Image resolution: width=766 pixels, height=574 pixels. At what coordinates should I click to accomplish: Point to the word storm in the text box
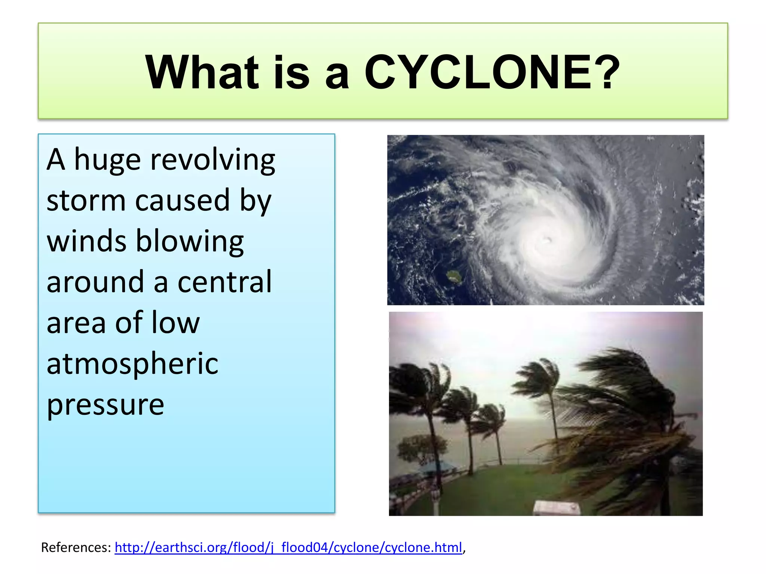point(86,201)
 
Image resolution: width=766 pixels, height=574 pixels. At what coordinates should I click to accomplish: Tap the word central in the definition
point(224,282)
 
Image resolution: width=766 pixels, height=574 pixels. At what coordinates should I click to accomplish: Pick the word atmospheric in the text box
point(132,364)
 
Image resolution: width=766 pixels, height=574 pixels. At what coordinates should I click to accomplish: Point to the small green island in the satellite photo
point(455,277)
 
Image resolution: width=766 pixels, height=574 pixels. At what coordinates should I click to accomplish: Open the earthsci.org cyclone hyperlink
point(288,547)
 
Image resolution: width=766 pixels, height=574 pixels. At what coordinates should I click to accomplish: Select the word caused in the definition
point(182,201)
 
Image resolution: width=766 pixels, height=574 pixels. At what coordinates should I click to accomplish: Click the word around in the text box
point(95,282)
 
